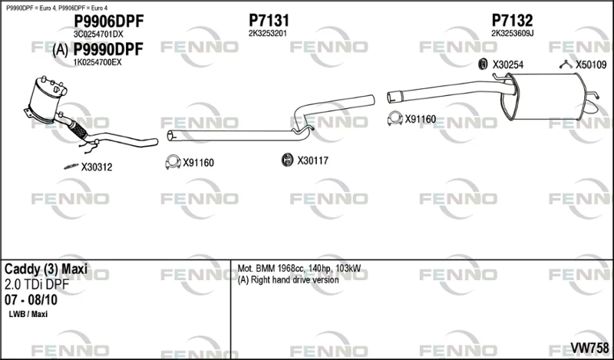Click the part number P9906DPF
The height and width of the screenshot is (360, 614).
click(109, 21)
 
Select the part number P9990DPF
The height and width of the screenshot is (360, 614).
click(109, 49)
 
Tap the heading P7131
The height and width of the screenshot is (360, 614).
click(269, 21)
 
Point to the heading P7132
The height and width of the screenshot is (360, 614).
click(512, 21)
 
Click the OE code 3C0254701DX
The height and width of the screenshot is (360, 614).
click(98, 35)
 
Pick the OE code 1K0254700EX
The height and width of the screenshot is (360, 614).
click(97, 62)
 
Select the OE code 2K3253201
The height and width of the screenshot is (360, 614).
click(268, 34)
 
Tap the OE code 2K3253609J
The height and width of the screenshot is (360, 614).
click(513, 34)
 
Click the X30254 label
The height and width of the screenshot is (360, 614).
click(508, 65)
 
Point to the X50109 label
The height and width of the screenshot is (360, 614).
click(591, 65)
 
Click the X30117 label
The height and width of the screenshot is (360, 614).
click(312, 160)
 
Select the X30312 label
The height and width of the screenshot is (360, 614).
click(97, 167)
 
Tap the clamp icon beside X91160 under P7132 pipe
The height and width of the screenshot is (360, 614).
click(395, 118)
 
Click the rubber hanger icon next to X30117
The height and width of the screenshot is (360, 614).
click(287, 160)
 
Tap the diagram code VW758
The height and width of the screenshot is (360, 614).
click(589, 348)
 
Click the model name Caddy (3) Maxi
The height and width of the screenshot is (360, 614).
click(46, 269)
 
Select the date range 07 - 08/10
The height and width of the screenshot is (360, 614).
click(31, 300)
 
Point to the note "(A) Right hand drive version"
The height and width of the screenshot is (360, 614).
click(289, 279)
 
